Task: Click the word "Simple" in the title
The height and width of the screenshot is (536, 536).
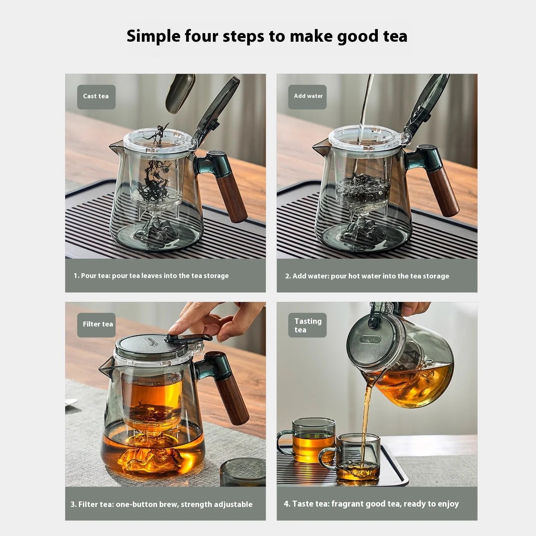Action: tap(153, 36)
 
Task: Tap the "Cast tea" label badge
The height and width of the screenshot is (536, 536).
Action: tap(96, 97)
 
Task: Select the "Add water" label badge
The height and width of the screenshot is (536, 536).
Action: tap(307, 97)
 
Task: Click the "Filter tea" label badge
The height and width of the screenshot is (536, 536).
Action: tap(96, 325)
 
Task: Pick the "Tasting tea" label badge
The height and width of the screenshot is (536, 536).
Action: tap(307, 325)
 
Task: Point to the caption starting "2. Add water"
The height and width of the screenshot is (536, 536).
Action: tap(367, 276)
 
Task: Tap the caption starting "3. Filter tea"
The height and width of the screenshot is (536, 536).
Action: tap(161, 504)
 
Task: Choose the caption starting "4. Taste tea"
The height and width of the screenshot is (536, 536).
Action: tap(371, 504)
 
